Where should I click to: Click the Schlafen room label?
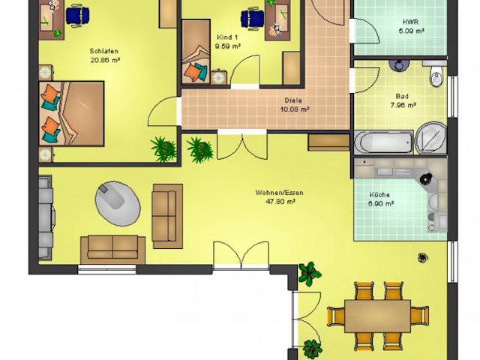click(x=104, y=51)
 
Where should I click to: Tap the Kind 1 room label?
click(x=227, y=37)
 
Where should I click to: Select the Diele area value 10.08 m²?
click(x=294, y=109)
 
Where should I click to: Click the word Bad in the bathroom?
click(x=402, y=97)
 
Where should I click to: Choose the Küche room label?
click(x=379, y=195)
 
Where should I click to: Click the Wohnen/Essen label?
click(x=280, y=193)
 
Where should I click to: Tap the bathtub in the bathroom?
click(x=384, y=142)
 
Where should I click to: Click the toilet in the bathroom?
click(x=436, y=73)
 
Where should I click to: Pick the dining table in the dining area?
click(x=377, y=316)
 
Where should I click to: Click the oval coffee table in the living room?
click(x=118, y=203)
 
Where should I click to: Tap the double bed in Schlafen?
click(x=71, y=113)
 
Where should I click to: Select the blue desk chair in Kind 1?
click(x=252, y=18)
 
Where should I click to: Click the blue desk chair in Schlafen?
click(x=78, y=15)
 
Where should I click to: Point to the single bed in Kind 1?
click(x=196, y=52)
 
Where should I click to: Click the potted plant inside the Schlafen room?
click(x=163, y=149)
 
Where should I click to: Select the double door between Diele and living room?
click(x=242, y=145)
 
